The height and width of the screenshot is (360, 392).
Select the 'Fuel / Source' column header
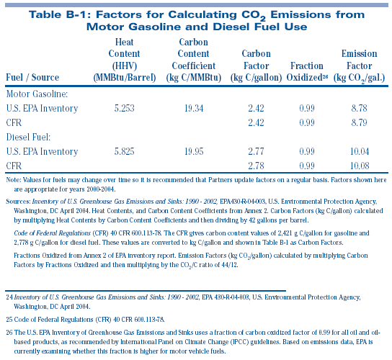(32, 78)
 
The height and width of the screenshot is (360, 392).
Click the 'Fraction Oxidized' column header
(307, 72)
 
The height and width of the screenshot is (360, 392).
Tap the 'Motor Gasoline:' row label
(37, 94)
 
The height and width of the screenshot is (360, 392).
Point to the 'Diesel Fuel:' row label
(29, 137)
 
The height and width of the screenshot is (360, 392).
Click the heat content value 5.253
(124, 108)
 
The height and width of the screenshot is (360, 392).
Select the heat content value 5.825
(124, 151)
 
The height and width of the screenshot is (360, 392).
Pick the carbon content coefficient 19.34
(194, 108)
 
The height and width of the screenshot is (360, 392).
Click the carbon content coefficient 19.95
(194, 151)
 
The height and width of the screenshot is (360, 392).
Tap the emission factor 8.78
(360, 108)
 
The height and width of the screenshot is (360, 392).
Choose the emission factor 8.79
(360, 122)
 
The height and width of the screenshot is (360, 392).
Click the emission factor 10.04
(360, 151)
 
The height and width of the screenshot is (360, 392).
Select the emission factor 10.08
(360, 166)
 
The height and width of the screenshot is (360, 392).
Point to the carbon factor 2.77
(256, 151)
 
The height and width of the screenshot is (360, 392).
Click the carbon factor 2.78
(256, 166)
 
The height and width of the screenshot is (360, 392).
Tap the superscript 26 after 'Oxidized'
(325, 77)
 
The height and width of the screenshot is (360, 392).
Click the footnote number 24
(9, 297)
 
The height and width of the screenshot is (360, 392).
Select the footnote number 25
(9, 320)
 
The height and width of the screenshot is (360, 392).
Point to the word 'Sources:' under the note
(18, 202)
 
